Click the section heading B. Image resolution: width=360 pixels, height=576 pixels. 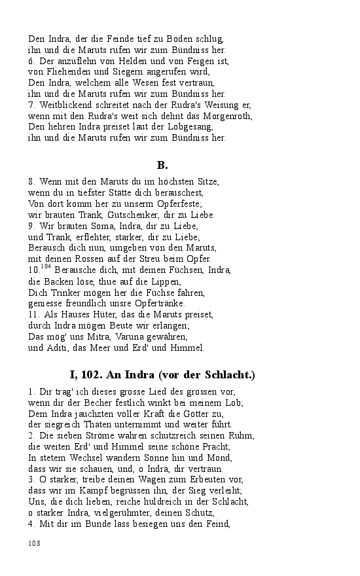(x=162, y=164)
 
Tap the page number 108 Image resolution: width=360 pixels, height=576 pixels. (x=34, y=543)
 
